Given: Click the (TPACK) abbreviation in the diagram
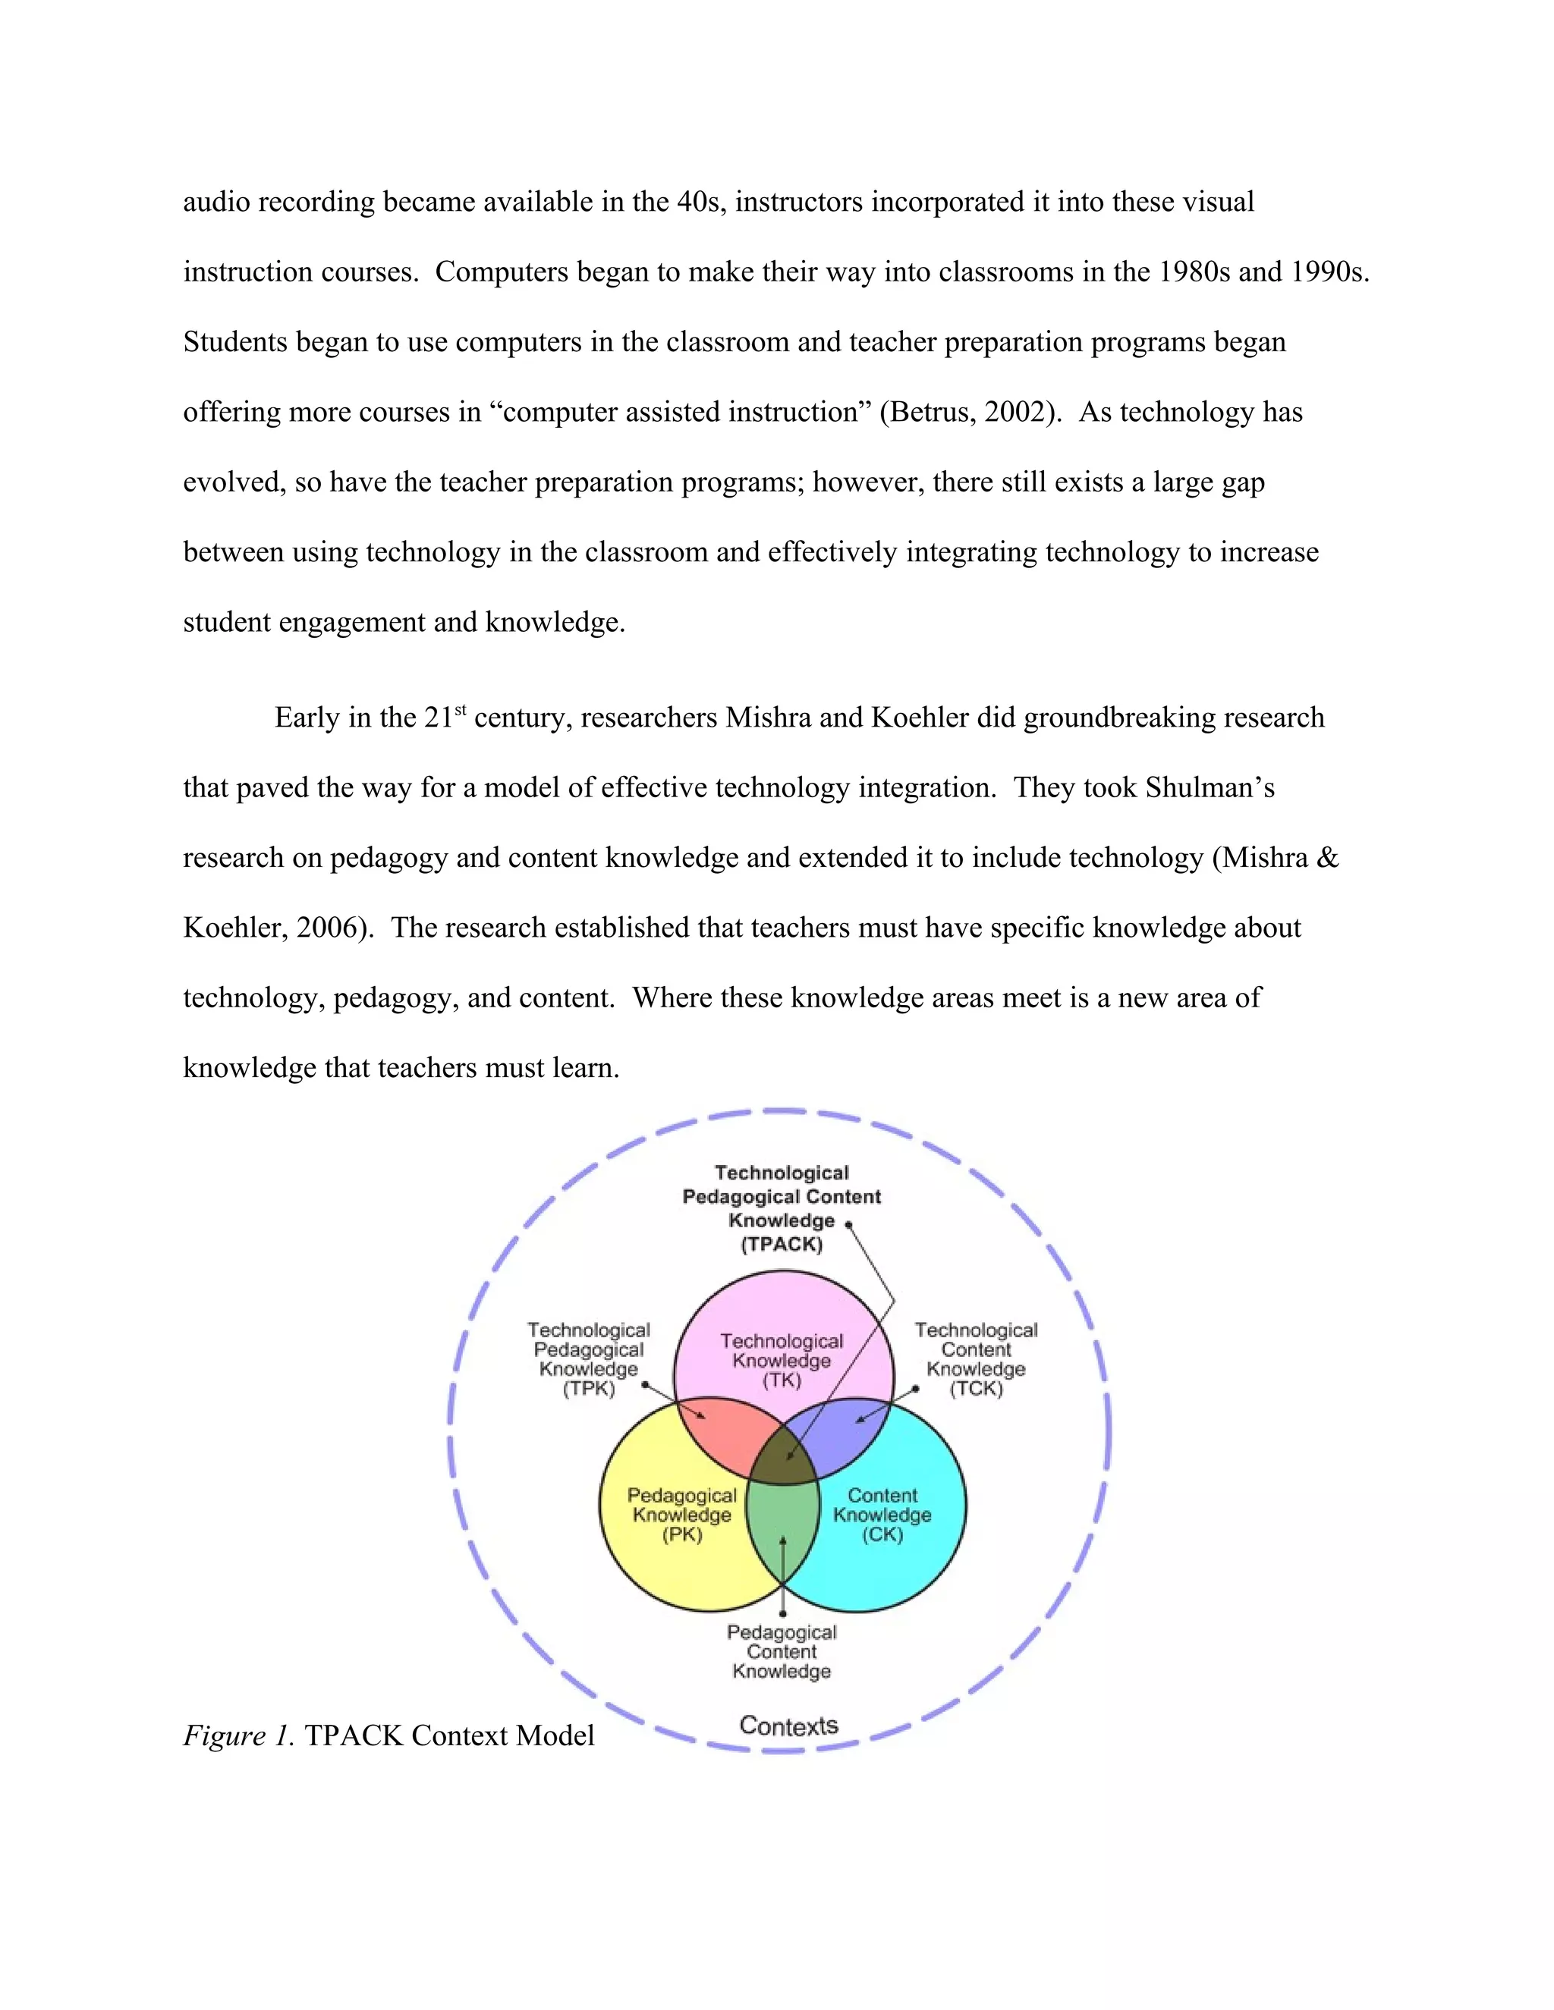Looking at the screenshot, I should [782, 1244].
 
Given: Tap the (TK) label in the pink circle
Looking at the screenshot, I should [782, 1380].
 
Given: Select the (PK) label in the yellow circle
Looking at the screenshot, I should [682, 1534].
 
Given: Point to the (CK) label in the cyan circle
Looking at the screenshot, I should [882, 1534].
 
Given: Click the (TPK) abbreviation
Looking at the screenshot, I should [588, 1388].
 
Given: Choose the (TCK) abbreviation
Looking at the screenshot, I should [976, 1388].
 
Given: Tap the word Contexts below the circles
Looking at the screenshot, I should [789, 1726].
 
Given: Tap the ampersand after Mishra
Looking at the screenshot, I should [1326, 858].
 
